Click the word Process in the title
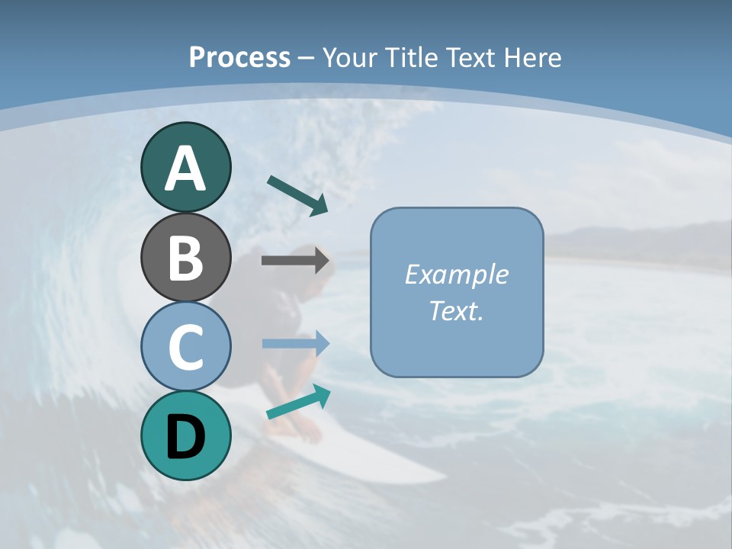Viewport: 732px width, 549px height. tap(239, 57)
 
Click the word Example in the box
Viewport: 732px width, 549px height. tap(456, 274)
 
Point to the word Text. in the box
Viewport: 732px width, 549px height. tap(456, 310)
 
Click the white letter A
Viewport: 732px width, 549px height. tap(185, 169)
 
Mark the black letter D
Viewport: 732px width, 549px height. tap(185, 437)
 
